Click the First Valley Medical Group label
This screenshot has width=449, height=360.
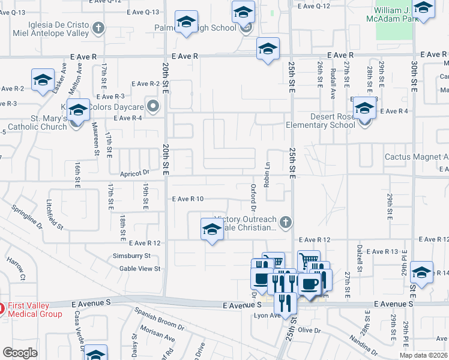pos(34,310)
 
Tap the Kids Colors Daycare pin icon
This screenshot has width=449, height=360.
pos(153,107)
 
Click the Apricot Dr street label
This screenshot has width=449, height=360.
pos(134,172)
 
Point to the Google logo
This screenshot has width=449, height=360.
pos(20,353)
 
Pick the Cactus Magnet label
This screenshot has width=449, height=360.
pos(417,157)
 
